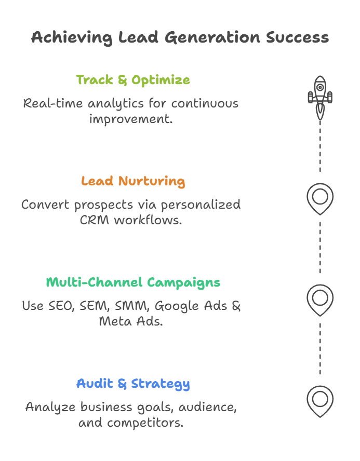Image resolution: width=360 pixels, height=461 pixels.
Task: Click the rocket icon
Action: point(320,97)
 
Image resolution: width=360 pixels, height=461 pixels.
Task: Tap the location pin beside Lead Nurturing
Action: point(320,198)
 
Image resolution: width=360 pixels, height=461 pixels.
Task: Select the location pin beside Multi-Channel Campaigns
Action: point(320,300)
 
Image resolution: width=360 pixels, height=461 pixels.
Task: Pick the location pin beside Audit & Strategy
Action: point(320,400)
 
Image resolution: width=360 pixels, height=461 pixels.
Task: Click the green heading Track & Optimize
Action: point(133,80)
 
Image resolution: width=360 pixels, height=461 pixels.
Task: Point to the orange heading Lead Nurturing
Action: point(133,181)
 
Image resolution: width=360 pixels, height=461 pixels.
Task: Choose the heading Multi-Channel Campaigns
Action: point(133,282)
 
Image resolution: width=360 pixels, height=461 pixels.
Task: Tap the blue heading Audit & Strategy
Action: point(133,384)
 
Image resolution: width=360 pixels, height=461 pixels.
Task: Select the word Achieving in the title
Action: point(71,37)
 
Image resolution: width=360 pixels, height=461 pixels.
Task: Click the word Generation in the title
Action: point(213,38)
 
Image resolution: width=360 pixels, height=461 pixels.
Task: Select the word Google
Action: point(176,306)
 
